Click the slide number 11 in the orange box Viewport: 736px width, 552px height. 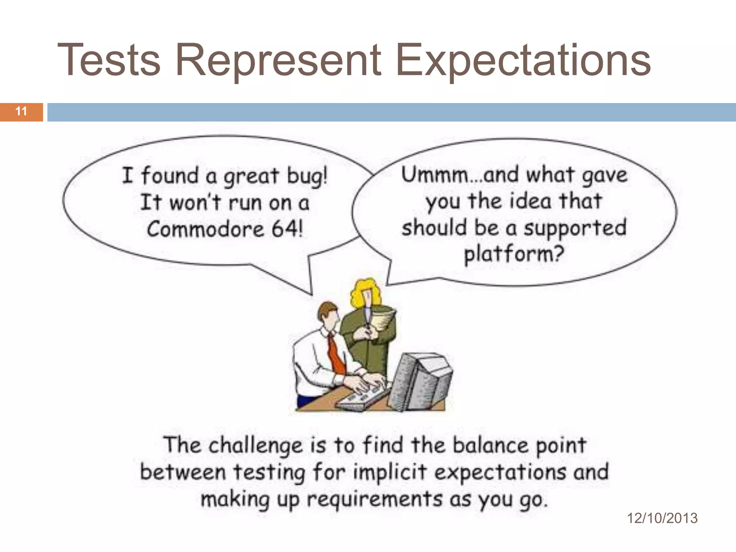point(21,111)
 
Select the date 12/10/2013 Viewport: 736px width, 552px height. point(662,518)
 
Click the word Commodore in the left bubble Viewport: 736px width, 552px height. point(205,229)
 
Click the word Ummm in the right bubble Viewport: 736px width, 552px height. point(435,175)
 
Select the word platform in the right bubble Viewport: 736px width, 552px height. point(514,254)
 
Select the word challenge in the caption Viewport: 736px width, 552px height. point(256,446)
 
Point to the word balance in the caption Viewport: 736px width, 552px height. point(490,445)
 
